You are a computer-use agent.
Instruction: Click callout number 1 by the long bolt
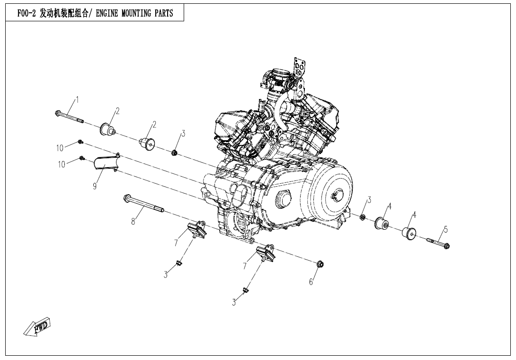pyautogui.click(x=77, y=100)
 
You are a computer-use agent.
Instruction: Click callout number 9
pyautogui.click(x=95, y=187)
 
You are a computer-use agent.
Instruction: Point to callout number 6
pyautogui.click(x=311, y=282)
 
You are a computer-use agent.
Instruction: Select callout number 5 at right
pyautogui.click(x=445, y=230)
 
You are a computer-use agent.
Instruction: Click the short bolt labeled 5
pyautogui.click(x=439, y=243)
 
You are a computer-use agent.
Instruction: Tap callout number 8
pyautogui.click(x=133, y=221)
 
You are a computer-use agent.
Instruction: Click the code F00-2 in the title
pyautogui.click(x=27, y=13)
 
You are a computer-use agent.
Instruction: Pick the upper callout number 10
pyautogui.click(x=60, y=148)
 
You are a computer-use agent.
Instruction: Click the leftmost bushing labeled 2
pyautogui.click(x=107, y=128)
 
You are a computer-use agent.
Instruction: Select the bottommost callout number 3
pyautogui.click(x=234, y=302)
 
